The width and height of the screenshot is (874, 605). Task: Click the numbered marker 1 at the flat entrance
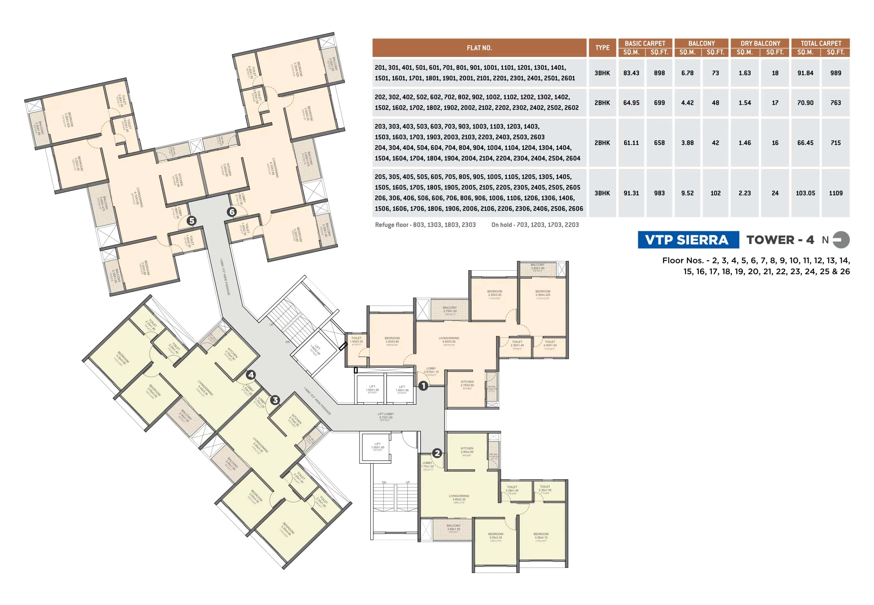tap(423, 386)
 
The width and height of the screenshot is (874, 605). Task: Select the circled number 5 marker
tap(191, 221)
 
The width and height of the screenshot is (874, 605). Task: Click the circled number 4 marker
tap(251, 375)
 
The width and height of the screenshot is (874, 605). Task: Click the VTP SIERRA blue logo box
tap(688, 240)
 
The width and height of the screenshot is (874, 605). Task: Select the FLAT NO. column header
tap(479, 48)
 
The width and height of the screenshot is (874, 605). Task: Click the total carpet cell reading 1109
tap(835, 193)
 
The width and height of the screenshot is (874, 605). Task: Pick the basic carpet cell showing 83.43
tap(631, 73)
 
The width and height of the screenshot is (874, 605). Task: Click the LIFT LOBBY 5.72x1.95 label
tap(386, 416)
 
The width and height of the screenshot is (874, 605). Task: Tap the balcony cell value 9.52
tap(687, 193)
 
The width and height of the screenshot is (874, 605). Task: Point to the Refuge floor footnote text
tap(425, 225)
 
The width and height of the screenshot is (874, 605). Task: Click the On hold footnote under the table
tap(535, 225)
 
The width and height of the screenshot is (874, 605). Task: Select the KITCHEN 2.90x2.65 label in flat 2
tap(467, 450)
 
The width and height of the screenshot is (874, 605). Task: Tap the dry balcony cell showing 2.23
tap(744, 193)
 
